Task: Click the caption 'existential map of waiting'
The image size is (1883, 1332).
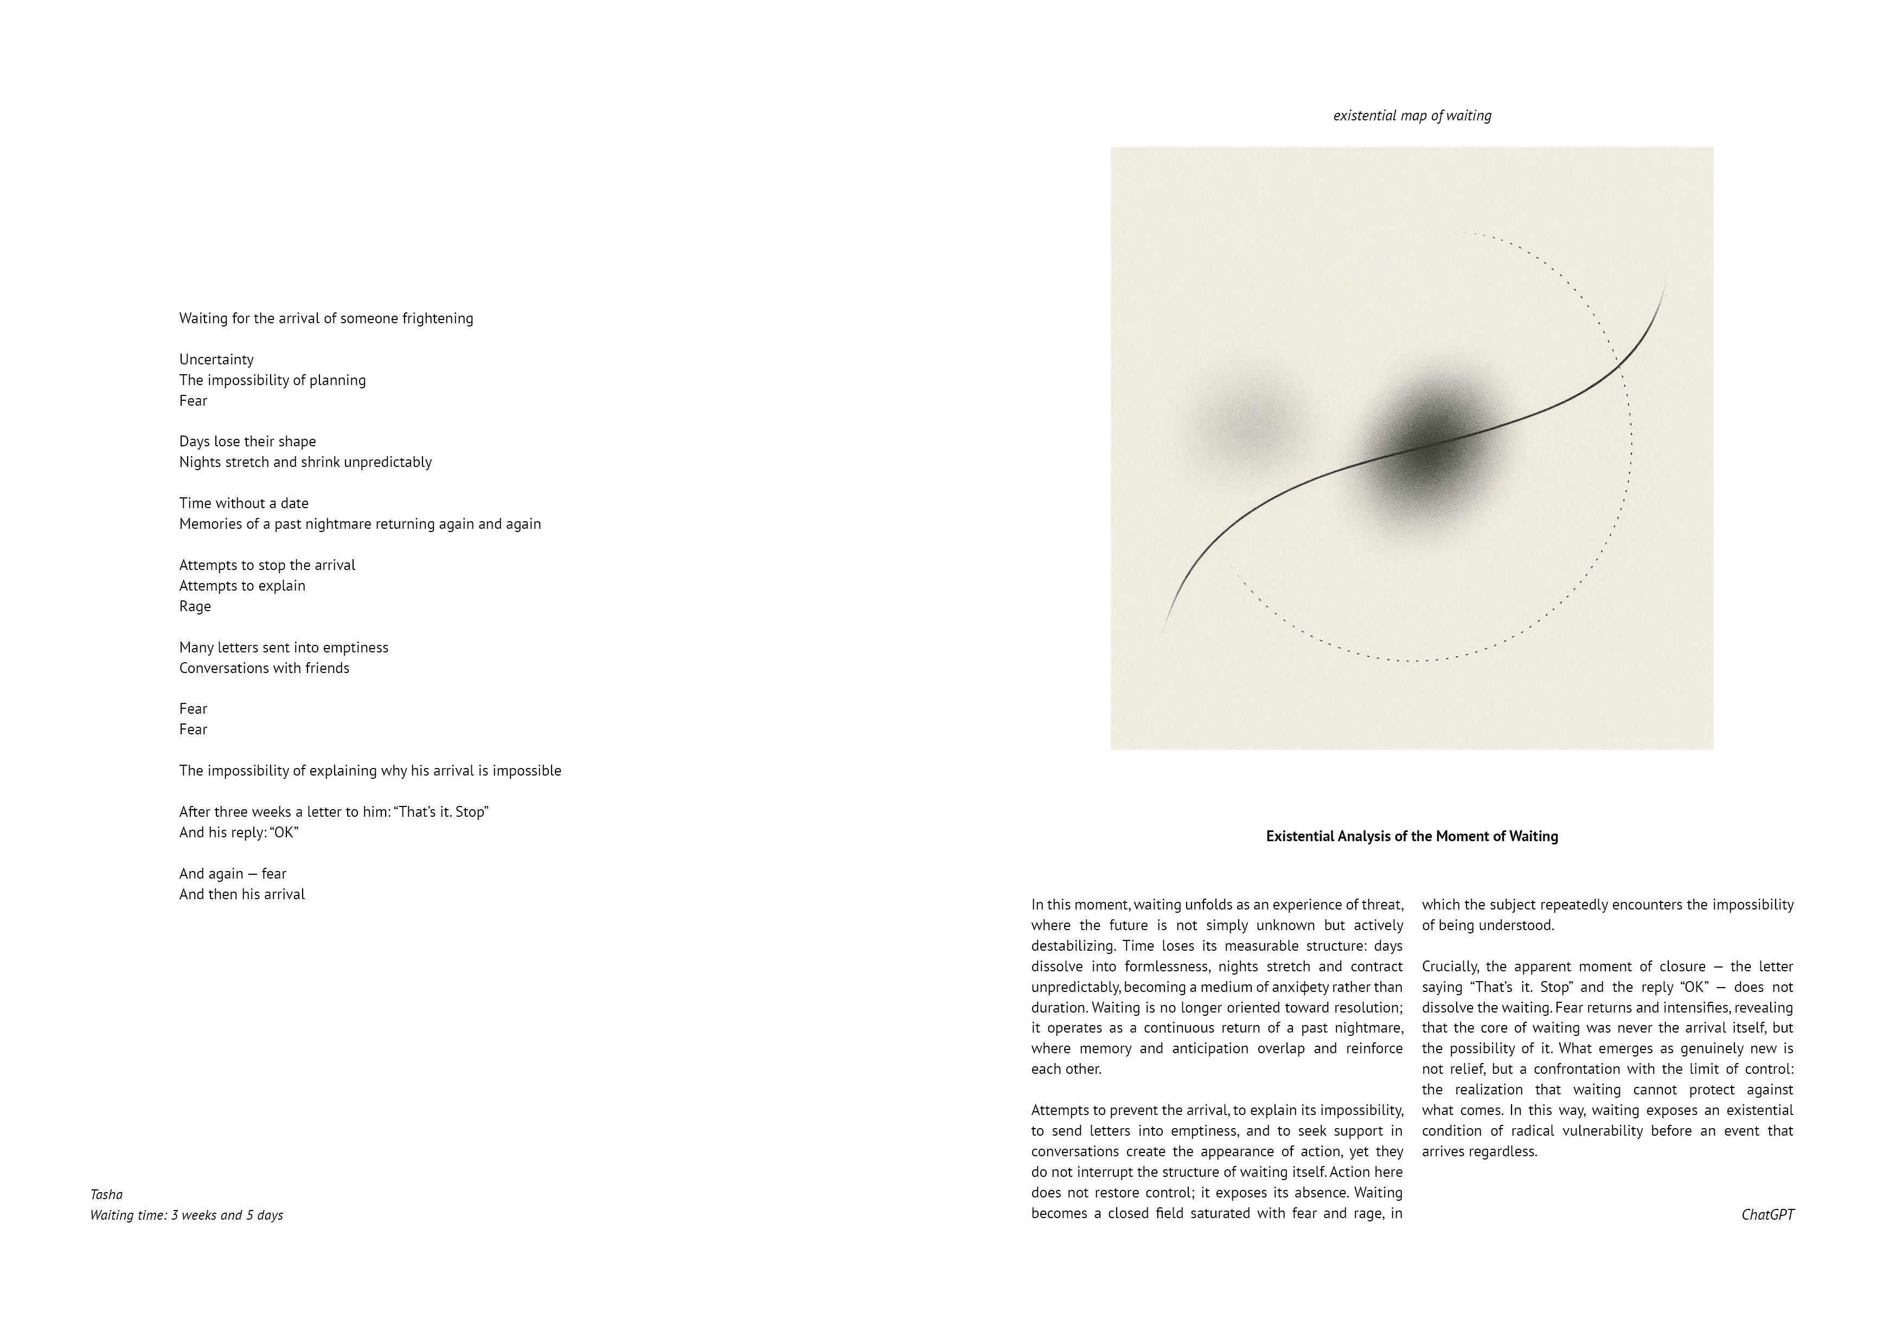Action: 1411,116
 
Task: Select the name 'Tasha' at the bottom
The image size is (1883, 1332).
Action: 107,1194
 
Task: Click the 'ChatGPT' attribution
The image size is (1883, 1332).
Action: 1767,1215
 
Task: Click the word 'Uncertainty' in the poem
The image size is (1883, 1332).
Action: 216,359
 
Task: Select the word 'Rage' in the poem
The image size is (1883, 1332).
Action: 195,606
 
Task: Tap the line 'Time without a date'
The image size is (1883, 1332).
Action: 244,503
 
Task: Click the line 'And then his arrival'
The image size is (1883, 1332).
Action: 242,894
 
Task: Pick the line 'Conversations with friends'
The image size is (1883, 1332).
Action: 264,668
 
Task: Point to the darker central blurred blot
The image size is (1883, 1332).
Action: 1431,447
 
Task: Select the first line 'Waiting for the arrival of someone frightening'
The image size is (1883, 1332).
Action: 325,318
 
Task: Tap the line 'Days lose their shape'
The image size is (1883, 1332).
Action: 247,441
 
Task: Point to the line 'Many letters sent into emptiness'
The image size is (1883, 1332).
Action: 284,647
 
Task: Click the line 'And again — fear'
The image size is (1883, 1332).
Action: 233,874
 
